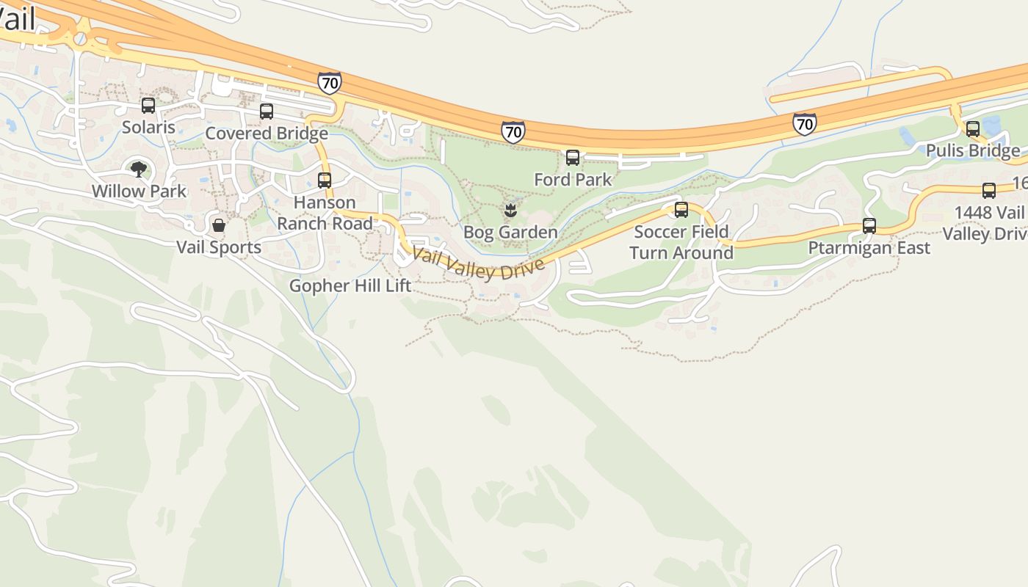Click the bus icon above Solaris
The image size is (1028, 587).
click(x=148, y=106)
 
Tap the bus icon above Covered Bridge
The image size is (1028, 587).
click(x=267, y=112)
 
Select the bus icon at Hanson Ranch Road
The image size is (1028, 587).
click(x=325, y=181)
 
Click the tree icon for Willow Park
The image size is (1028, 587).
click(x=138, y=169)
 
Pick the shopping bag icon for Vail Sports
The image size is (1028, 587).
click(x=219, y=225)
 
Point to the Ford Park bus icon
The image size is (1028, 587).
click(x=573, y=158)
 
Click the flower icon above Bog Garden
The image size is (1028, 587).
click(x=510, y=211)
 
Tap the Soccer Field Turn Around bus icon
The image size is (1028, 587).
click(x=681, y=210)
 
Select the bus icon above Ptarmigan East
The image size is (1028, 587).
click(x=869, y=226)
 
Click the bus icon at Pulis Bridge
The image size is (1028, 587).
click(x=973, y=129)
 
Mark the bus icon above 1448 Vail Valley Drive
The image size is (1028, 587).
click(x=989, y=191)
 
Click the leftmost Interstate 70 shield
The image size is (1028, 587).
click(x=330, y=83)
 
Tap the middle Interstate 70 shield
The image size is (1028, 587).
click(x=513, y=132)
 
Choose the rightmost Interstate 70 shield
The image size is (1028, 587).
click(x=805, y=124)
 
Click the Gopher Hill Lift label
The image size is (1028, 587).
click(x=350, y=285)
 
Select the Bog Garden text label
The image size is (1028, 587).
click(x=510, y=233)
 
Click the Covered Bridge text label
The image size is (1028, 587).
click(x=267, y=134)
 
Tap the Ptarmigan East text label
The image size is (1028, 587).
click(x=869, y=248)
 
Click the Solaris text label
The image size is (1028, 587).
click(x=148, y=127)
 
